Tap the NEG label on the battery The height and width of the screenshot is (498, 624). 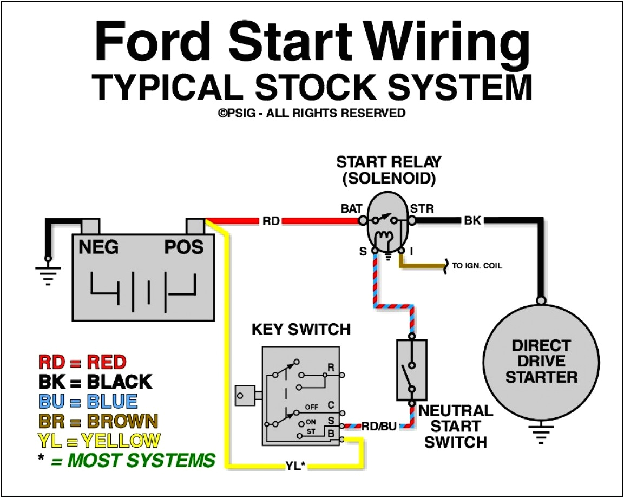[x=98, y=247]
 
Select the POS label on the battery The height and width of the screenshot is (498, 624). [x=184, y=247]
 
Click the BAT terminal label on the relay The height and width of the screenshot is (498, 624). [x=351, y=208]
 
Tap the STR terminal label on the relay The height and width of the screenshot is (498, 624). [x=422, y=208]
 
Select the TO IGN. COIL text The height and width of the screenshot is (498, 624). [x=477, y=266]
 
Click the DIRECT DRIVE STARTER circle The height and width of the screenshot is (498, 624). [x=541, y=361]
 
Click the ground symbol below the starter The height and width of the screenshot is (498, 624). [x=541, y=434]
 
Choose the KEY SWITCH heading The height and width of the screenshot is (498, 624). [x=301, y=329]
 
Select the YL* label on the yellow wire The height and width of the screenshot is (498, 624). [x=295, y=465]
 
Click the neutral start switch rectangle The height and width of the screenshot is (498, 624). [x=412, y=370]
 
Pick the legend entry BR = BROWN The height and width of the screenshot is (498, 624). [x=98, y=421]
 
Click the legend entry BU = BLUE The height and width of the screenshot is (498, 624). [x=88, y=401]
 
